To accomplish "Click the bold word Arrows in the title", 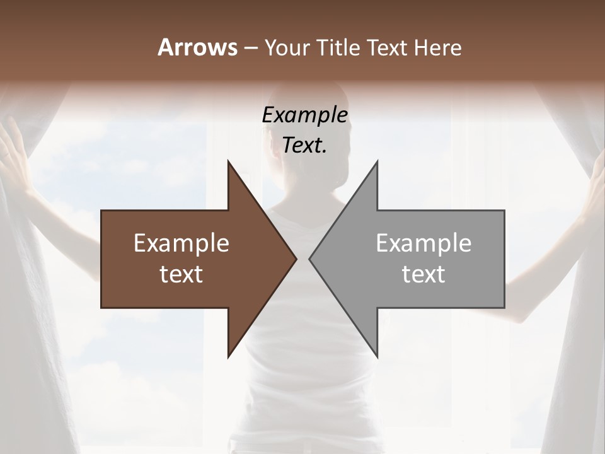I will tap(197, 47).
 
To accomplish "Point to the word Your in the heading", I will tap(287, 48).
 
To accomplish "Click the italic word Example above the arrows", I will tap(304, 115).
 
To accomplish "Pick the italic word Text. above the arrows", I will tap(304, 145).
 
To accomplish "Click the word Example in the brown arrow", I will tap(181, 243).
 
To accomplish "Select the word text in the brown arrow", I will tap(181, 274).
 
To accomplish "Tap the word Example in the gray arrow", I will tap(423, 243).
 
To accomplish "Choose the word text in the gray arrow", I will tap(423, 274).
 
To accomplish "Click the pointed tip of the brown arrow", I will tap(295, 259).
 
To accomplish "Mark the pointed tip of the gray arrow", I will tap(311, 259).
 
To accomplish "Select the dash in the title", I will tap(250, 48).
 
